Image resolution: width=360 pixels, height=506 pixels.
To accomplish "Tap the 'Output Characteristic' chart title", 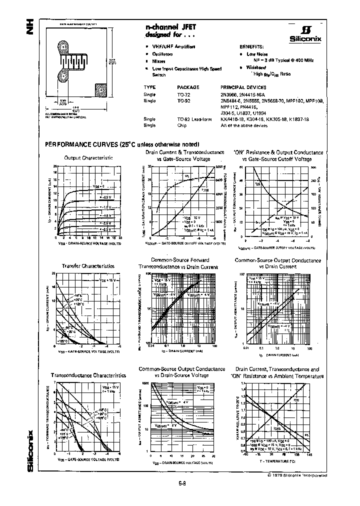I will [x=88, y=158].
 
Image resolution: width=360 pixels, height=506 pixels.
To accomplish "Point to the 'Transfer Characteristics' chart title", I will [x=88, y=266].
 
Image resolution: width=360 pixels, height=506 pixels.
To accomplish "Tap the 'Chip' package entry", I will [x=182, y=125].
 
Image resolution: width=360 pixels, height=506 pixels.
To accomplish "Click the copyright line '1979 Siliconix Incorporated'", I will [x=299, y=473].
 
